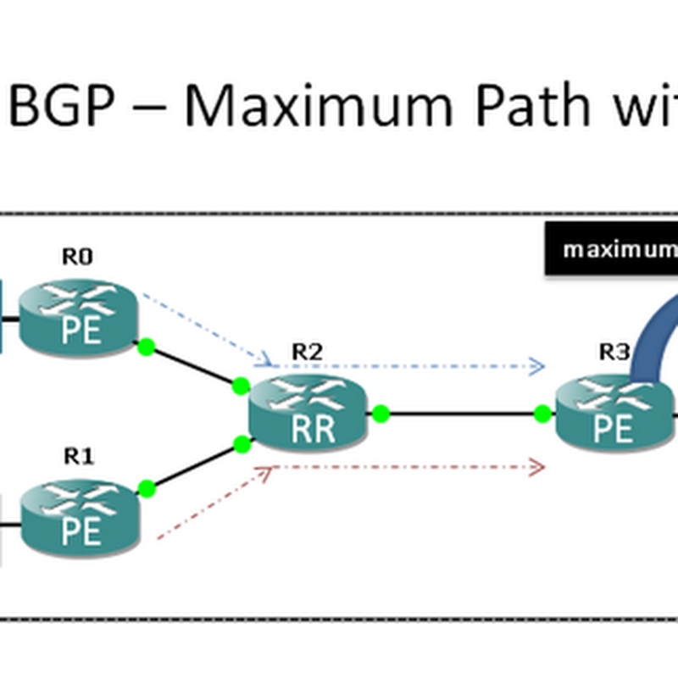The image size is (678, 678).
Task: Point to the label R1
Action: point(79,457)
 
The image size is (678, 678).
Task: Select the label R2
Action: point(307,351)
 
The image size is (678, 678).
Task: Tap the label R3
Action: point(613,351)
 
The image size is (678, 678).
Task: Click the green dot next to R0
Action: point(147,347)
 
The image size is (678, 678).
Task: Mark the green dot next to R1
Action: point(147,487)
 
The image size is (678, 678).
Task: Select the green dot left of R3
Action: point(542,414)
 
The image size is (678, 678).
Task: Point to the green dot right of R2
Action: point(381,414)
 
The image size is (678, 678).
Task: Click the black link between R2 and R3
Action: point(462,414)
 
